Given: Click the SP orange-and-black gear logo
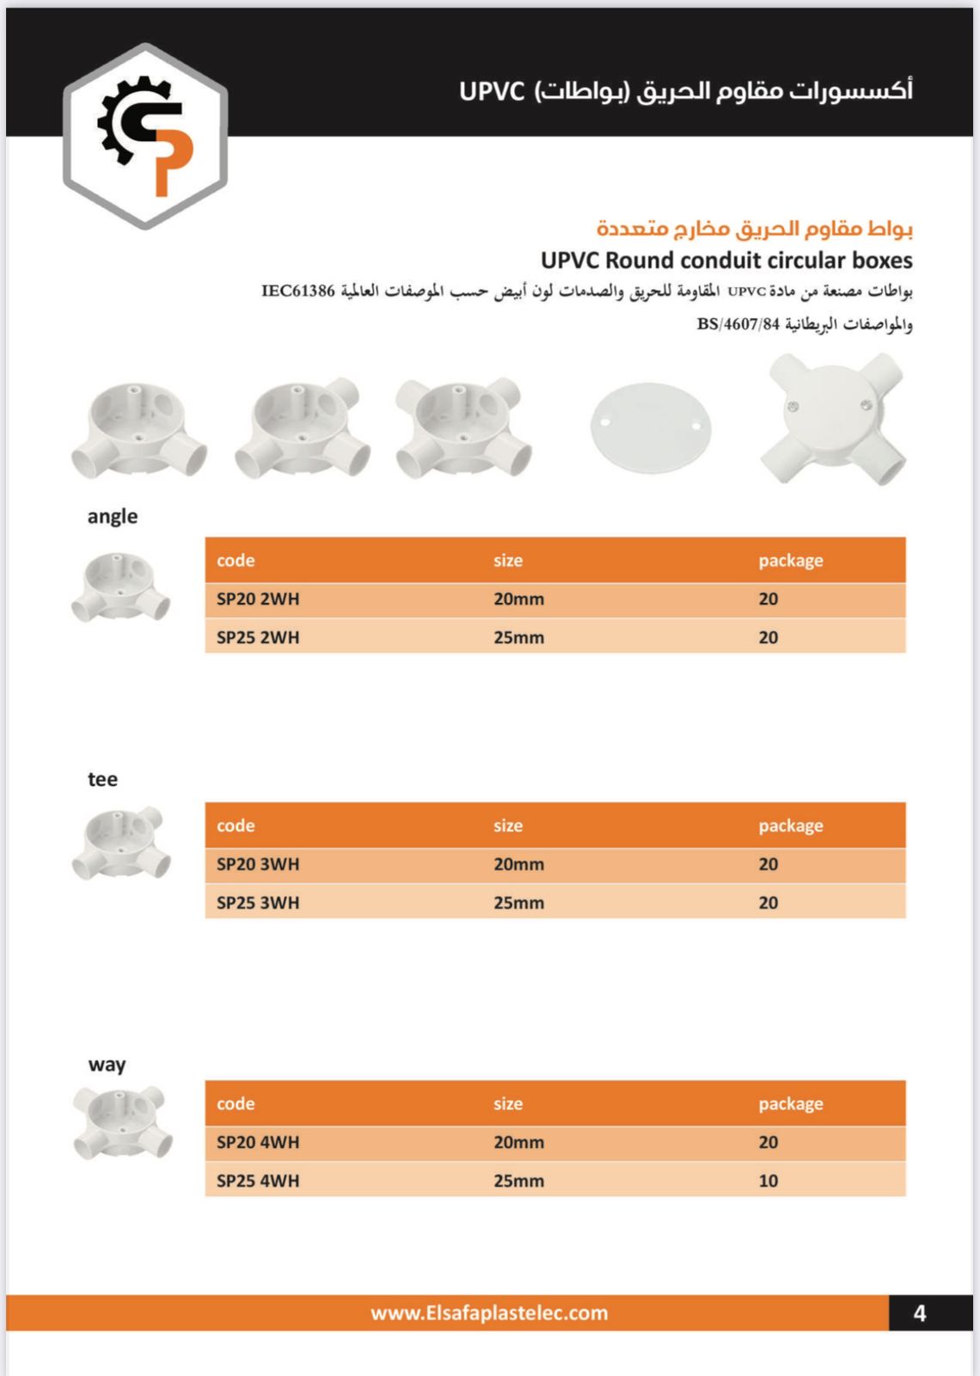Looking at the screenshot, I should (145, 136).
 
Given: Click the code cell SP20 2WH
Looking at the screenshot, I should (258, 599).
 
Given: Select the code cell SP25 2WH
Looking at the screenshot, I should (258, 637).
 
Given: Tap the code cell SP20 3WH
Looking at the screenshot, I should (258, 864).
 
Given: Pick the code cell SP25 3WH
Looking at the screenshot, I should (258, 903).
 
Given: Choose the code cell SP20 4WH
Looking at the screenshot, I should (258, 1142).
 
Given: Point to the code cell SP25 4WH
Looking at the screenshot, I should (258, 1181).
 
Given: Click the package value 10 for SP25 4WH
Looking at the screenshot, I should (768, 1181).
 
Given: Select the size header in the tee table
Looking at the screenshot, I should (508, 826).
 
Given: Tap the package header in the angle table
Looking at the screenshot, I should (790, 561).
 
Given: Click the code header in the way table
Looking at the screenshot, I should (236, 1103).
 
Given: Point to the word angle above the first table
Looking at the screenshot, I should (113, 516).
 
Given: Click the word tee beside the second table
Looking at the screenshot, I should (102, 779).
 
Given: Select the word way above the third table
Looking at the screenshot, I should (107, 1065).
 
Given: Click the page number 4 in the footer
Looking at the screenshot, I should (919, 1313).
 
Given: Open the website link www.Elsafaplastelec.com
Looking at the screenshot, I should (489, 1313).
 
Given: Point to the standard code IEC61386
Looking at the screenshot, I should (298, 291).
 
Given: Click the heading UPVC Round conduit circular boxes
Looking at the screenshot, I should (726, 260).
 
